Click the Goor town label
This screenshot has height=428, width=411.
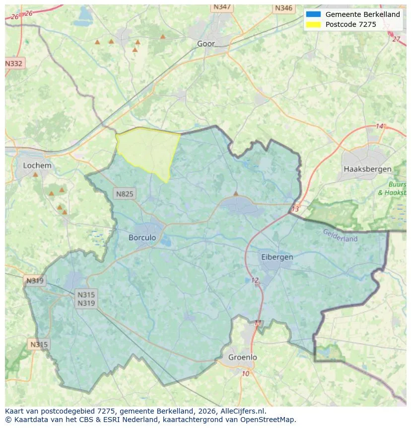tap(206, 44)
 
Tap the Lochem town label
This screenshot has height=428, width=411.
tap(37, 166)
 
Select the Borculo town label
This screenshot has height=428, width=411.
tap(142, 238)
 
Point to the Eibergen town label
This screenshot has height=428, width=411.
tap(277, 257)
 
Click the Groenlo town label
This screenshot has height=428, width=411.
tap(243, 357)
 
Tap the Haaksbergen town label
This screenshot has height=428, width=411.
tap(367, 169)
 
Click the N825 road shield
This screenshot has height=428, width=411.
tap(124, 194)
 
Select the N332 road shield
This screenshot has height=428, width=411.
tap(14, 64)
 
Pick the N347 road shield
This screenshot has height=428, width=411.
tap(221, 7)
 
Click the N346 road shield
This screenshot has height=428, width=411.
tap(283, 8)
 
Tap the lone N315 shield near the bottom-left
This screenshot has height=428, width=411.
tap(39, 344)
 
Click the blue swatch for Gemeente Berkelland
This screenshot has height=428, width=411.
tap(314, 14)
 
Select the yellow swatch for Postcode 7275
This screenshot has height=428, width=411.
tap(314, 24)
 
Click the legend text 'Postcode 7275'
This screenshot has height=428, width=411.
tap(350, 24)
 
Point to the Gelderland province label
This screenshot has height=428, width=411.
tap(340, 235)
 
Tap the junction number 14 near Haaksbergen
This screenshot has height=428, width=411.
tap(380, 126)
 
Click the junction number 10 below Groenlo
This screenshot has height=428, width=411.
tap(246, 374)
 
